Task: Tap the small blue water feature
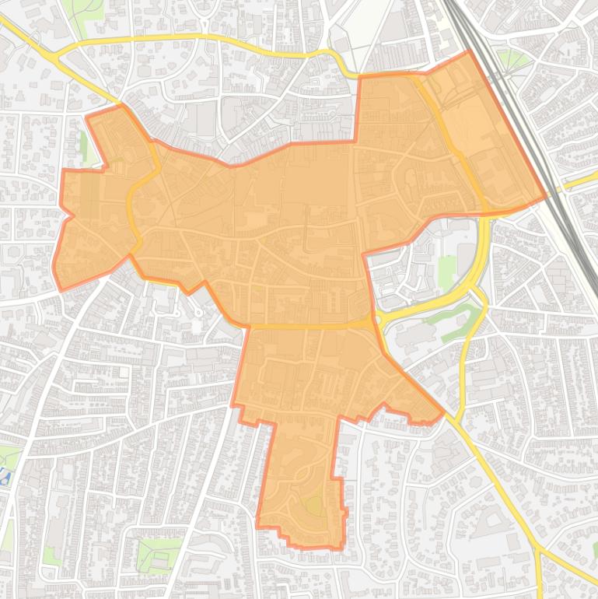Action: [5, 476]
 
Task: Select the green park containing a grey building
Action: [158, 555]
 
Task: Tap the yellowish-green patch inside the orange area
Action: [313, 506]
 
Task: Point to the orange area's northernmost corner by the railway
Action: [469, 52]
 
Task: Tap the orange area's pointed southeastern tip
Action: [443, 412]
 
